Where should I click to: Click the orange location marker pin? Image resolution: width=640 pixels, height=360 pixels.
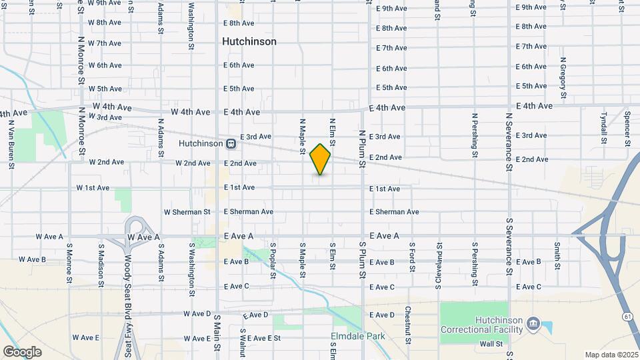point(321,159)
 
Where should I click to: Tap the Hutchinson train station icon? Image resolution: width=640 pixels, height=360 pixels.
point(231,143)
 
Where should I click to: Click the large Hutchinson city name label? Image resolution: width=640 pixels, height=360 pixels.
point(249,41)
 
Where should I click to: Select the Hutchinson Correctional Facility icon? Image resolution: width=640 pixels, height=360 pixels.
point(533,324)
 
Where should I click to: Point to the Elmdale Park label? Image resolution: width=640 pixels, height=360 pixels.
point(359,337)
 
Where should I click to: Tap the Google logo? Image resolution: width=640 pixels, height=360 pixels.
point(22,352)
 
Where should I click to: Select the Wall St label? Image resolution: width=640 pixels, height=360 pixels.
point(491,344)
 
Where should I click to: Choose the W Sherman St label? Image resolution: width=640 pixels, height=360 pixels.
point(187,212)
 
